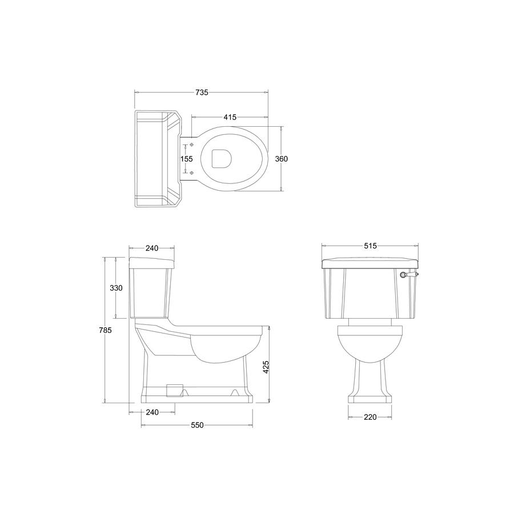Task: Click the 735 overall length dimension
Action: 202,93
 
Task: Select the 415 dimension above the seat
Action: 230,117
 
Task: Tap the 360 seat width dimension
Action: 281,159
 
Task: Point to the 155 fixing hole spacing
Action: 187,159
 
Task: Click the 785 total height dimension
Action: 105,330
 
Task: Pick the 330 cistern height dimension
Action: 116,288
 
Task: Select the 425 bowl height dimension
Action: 266,367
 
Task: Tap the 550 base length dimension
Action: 198,425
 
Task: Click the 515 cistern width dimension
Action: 371,246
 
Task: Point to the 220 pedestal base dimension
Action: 370,417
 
